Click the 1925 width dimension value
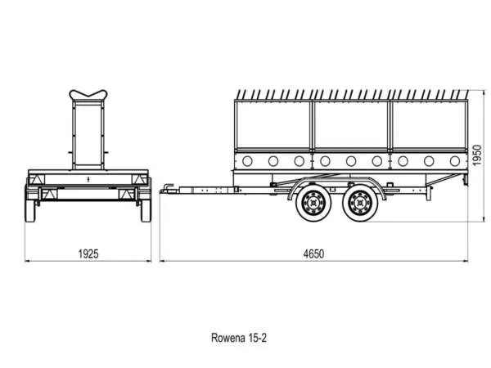89,254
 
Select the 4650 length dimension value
313,254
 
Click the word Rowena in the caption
226,336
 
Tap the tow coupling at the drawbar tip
166,190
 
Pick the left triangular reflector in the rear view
34,180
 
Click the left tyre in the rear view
31,209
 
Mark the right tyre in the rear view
146,209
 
